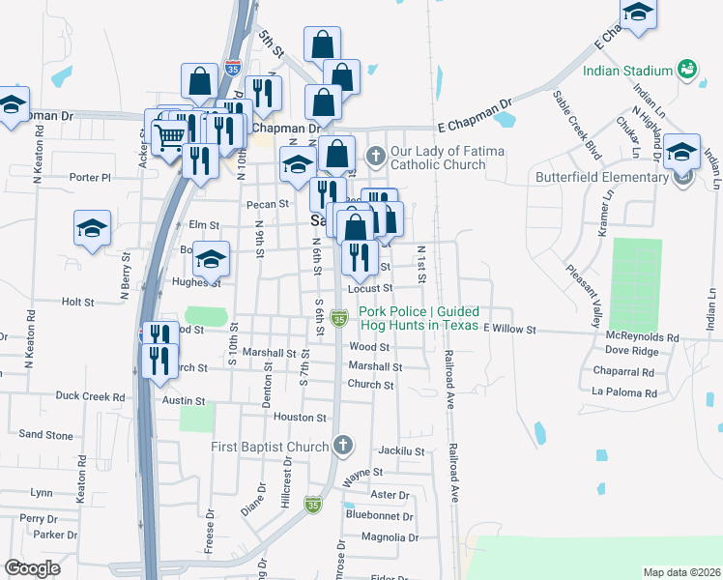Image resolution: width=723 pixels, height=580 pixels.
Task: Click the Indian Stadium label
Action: click(x=627, y=71)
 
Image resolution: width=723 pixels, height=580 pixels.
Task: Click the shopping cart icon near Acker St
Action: click(x=169, y=138)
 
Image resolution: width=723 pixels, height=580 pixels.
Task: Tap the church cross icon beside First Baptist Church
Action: click(x=340, y=446)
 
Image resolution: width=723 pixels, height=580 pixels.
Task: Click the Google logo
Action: click(x=32, y=568)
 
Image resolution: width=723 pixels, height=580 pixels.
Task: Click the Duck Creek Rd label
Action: click(x=90, y=396)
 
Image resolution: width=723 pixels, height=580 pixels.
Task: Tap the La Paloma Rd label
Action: click(x=623, y=393)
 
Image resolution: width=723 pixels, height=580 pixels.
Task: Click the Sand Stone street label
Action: click(x=45, y=435)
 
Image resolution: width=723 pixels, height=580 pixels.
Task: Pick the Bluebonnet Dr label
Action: click(x=381, y=515)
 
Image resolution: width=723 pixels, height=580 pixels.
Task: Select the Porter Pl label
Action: click(x=91, y=177)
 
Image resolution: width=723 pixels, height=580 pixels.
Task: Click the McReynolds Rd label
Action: click(x=643, y=337)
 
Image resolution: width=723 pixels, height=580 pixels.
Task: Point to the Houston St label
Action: click(x=300, y=418)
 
